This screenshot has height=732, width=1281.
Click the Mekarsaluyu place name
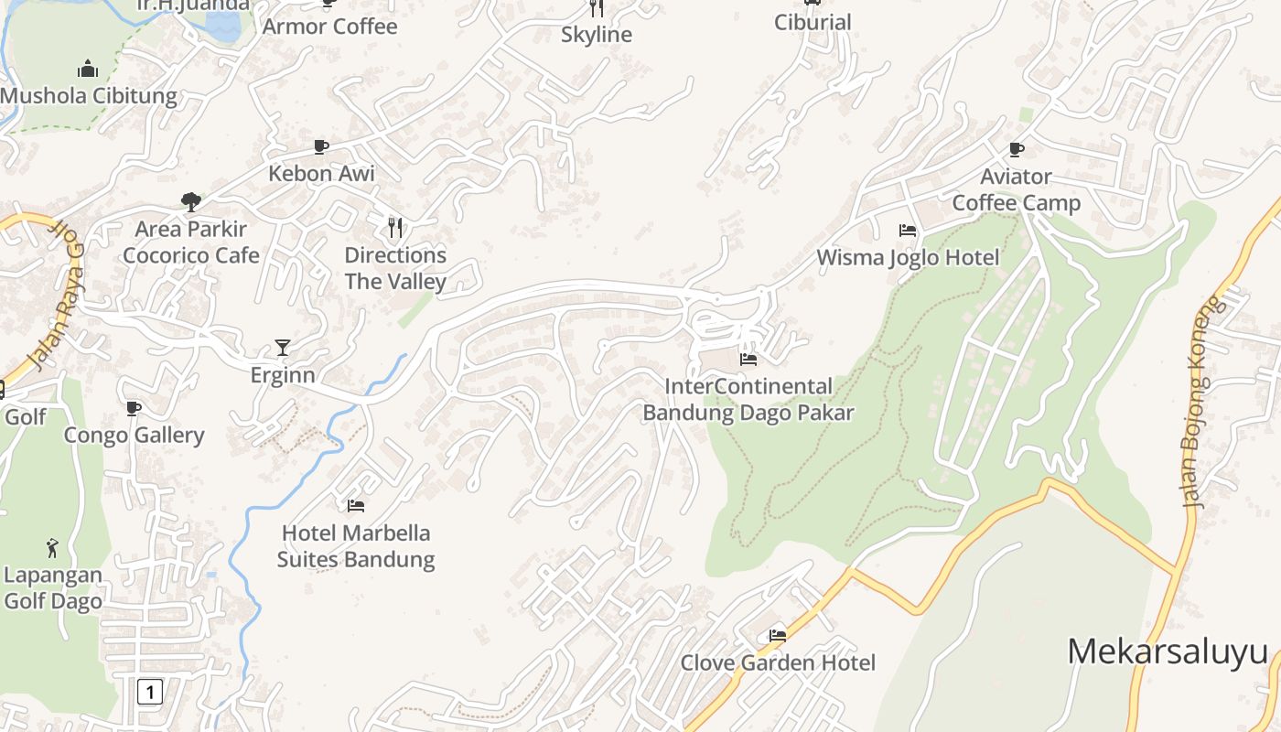(1168, 652)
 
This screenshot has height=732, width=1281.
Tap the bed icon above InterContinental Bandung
(748, 360)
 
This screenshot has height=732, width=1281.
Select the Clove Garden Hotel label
(778, 662)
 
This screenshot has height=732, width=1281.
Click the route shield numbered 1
(150, 691)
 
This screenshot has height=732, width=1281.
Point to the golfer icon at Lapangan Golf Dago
(52, 548)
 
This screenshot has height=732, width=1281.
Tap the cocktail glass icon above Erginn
(283, 348)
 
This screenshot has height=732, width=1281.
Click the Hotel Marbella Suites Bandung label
(356, 546)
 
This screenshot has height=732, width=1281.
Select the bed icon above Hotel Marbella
(356, 505)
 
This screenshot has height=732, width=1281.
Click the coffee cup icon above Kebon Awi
(321, 146)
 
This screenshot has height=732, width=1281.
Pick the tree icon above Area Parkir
(191, 201)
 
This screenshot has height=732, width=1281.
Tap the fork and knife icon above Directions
(395, 227)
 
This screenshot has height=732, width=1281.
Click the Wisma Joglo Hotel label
(908, 257)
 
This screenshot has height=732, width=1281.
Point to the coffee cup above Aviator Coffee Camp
(1016, 149)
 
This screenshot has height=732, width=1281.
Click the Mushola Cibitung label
(89, 96)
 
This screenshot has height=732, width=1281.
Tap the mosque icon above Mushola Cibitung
(88, 69)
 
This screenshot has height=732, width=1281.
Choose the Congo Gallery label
(134, 435)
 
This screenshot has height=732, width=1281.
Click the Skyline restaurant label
(597, 35)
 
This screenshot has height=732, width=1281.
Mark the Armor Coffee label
(329, 27)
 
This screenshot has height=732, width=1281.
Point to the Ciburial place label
(813, 22)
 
